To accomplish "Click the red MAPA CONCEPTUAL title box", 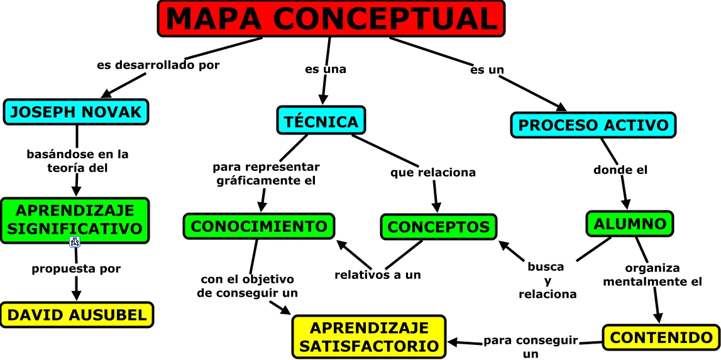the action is tap(331, 18).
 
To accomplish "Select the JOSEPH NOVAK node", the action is tap(76, 112).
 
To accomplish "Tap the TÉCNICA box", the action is tap(321, 121).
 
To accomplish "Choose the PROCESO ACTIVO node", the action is tap(593, 124).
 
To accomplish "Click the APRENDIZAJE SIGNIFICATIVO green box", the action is tap(75, 219).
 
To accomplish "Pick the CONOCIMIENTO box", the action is tap(258, 226).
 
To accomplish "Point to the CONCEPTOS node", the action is tap(438, 227).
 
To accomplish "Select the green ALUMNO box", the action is tap(630, 224).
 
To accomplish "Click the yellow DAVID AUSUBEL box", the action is tap(77, 315).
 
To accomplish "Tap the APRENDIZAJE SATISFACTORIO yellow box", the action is tap(369, 337).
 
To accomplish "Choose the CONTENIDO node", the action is tap(661, 337).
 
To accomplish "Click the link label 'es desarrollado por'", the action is tap(158, 65).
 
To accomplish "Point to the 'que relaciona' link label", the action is tap(433, 172).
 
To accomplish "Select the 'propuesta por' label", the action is tap(76, 269).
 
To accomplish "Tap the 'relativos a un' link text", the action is tap(377, 275).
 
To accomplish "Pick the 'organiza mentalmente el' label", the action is tap(652, 275).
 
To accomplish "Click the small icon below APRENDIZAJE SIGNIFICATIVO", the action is tap(74, 243).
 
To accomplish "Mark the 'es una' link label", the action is tap(326, 69).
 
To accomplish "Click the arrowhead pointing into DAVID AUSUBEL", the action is tap(77, 295).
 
